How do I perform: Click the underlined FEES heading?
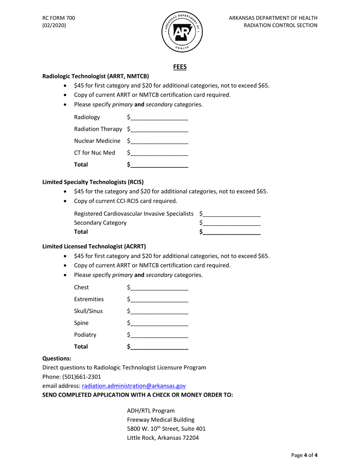[180, 67]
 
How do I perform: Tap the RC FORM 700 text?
[59, 18]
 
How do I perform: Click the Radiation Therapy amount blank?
[159, 129]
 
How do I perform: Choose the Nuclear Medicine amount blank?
[159, 141]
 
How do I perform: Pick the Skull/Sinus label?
[88, 311]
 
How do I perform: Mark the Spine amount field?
[159, 323]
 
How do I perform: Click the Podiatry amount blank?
[159, 335]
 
